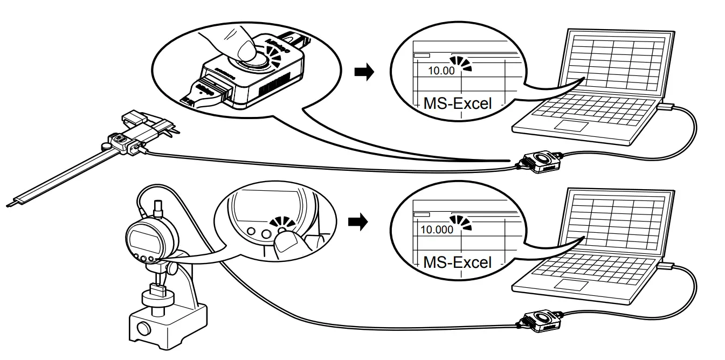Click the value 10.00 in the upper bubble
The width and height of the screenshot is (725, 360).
(441, 70)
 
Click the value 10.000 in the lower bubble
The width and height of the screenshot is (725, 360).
(437, 229)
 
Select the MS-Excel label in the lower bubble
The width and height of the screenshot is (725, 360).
(458, 262)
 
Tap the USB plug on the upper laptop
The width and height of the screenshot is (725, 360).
(666, 107)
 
